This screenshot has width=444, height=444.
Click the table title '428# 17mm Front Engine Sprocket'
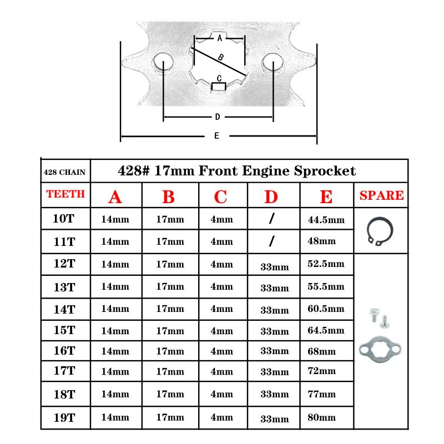tap(237, 171)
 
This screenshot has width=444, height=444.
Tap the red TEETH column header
tap(65, 194)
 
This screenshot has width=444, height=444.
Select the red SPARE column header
tap(381, 195)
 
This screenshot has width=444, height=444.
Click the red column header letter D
tap(271, 197)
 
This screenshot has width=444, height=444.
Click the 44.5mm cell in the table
tap(326, 220)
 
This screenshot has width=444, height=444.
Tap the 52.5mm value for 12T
tap(326, 263)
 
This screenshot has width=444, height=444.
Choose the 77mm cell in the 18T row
tap(321, 395)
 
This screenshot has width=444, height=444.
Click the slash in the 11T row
tap(272, 241)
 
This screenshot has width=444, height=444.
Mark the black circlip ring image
tap(381, 230)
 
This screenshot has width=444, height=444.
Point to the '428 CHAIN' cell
tap(64, 172)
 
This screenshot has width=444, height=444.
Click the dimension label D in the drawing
tap(218, 117)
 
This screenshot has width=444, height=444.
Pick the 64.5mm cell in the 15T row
tap(326, 330)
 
